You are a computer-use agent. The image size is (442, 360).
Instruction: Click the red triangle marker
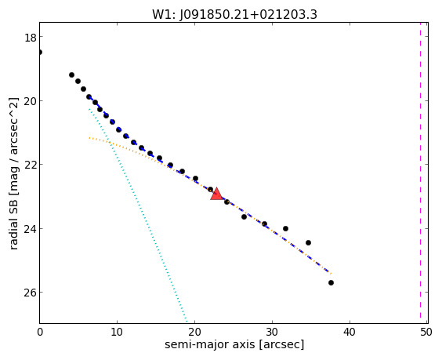[216, 194]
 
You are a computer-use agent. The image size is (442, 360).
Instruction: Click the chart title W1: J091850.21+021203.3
[234, 14]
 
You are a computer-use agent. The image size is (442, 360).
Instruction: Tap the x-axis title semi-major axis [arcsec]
[234, 344]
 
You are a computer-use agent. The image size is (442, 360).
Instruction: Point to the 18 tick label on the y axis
[30, 38]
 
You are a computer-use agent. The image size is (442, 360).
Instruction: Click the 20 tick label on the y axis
[30, 101]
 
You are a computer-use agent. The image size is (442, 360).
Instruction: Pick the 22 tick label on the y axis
[30, 165]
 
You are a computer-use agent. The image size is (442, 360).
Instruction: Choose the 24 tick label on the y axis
[30, 229]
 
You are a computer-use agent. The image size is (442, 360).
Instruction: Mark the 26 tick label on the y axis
[30, 293]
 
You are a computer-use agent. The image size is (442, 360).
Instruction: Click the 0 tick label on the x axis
[40, 333]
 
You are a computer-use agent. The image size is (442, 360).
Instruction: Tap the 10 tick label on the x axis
[117, 333]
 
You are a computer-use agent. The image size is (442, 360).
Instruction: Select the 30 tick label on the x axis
[272, 333]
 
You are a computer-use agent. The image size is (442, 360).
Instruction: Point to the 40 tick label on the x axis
[350, 333]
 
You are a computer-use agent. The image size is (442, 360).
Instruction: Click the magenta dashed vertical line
[420, 173]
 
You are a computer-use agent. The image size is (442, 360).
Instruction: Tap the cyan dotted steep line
[138, 215]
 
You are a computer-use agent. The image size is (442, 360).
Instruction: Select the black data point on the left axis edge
[39, 53]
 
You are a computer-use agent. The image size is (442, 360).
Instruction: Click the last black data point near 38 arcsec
[331, 282]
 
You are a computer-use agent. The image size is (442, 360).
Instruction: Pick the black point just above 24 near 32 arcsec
[285, 228]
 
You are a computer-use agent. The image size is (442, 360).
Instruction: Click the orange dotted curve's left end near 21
[89, 138]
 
